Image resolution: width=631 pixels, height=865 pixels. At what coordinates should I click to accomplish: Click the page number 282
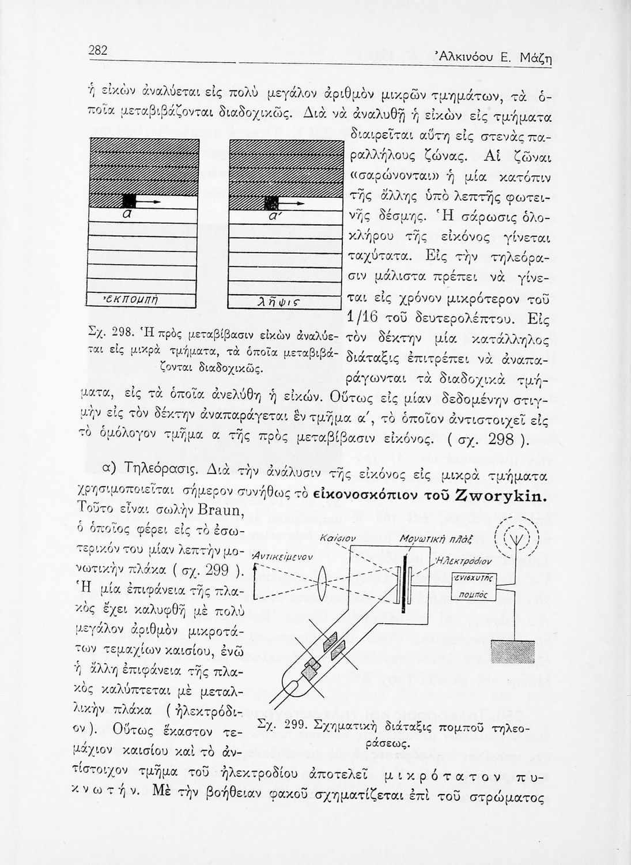[x=99, y=51]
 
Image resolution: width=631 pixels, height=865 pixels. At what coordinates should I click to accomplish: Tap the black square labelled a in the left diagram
[x=129, y=200]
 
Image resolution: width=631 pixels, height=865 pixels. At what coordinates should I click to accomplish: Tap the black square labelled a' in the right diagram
[x=270, y=202]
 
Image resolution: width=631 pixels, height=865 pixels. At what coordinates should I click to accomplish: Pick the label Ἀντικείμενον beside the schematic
[x=283, y=558]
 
